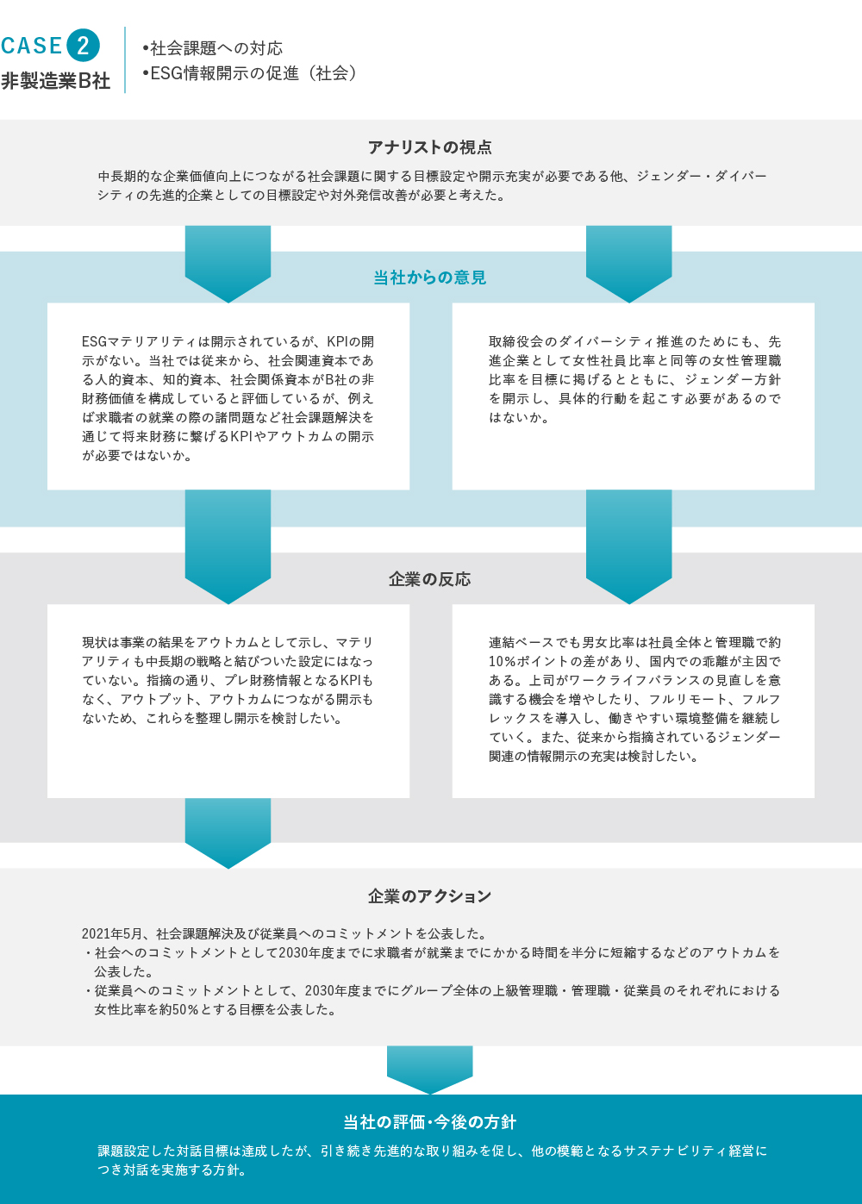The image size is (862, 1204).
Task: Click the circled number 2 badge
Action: (83, 45)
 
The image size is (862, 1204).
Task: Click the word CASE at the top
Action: (31, 46)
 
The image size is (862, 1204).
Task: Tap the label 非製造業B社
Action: (56, 81)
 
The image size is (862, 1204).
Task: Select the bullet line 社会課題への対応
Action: (212, 48)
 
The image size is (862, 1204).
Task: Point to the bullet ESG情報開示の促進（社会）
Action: (249, 73)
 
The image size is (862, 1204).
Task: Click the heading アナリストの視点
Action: (430, 147)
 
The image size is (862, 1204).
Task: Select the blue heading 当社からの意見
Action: (429, 278)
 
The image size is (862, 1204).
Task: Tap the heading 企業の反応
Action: (429, 579)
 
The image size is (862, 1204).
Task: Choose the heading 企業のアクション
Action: (429, 896)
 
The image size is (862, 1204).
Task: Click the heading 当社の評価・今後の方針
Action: (429, 1122)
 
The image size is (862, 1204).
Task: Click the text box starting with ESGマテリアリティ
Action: (228, 396)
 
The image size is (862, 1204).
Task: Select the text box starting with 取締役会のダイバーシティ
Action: (634, 396)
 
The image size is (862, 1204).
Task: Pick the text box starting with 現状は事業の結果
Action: (228, 701)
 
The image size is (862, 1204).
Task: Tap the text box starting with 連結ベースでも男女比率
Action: (634, 701)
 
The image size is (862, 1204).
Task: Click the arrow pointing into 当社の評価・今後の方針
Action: (429, 1070)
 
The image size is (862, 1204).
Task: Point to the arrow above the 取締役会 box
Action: (628, 264)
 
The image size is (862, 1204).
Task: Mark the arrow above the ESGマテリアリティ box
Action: (228, 264)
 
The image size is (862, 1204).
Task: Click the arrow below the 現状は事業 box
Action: (228, 833)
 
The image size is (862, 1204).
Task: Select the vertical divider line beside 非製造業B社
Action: (125, 59)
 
